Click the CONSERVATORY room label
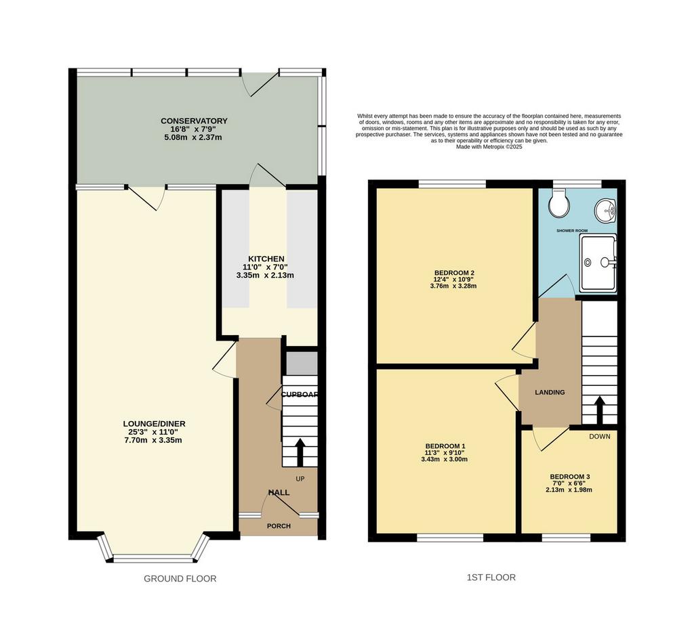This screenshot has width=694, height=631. click(194, 121)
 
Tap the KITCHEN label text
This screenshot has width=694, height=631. click(266, 259)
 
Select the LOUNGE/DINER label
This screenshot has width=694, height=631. click(154, 424)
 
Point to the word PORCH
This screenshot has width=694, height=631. click(279, 526)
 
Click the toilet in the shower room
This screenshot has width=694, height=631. click(558, 203)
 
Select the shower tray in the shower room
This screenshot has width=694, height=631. click(598, 263)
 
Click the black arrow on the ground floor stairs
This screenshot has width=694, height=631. click(300, 452)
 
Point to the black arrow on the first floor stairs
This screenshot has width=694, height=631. click(600, 410)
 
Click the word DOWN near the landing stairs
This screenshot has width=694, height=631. click(600, 437)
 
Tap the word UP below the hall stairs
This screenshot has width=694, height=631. click(300, 479)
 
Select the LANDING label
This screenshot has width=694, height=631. click(550, 392)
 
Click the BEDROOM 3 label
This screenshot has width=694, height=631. click(569, 477)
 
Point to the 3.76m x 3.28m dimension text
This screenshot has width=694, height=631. click(453, 286)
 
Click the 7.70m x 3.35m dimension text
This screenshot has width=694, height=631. click(152, 441)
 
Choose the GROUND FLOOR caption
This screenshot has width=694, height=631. click(180, 578)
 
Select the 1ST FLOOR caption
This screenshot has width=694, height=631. click(491, 578)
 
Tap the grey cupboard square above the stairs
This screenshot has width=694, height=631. click(302, 364)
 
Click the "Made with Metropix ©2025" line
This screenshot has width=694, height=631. click(489, 147)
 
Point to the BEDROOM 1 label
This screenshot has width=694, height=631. click(445, 446)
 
